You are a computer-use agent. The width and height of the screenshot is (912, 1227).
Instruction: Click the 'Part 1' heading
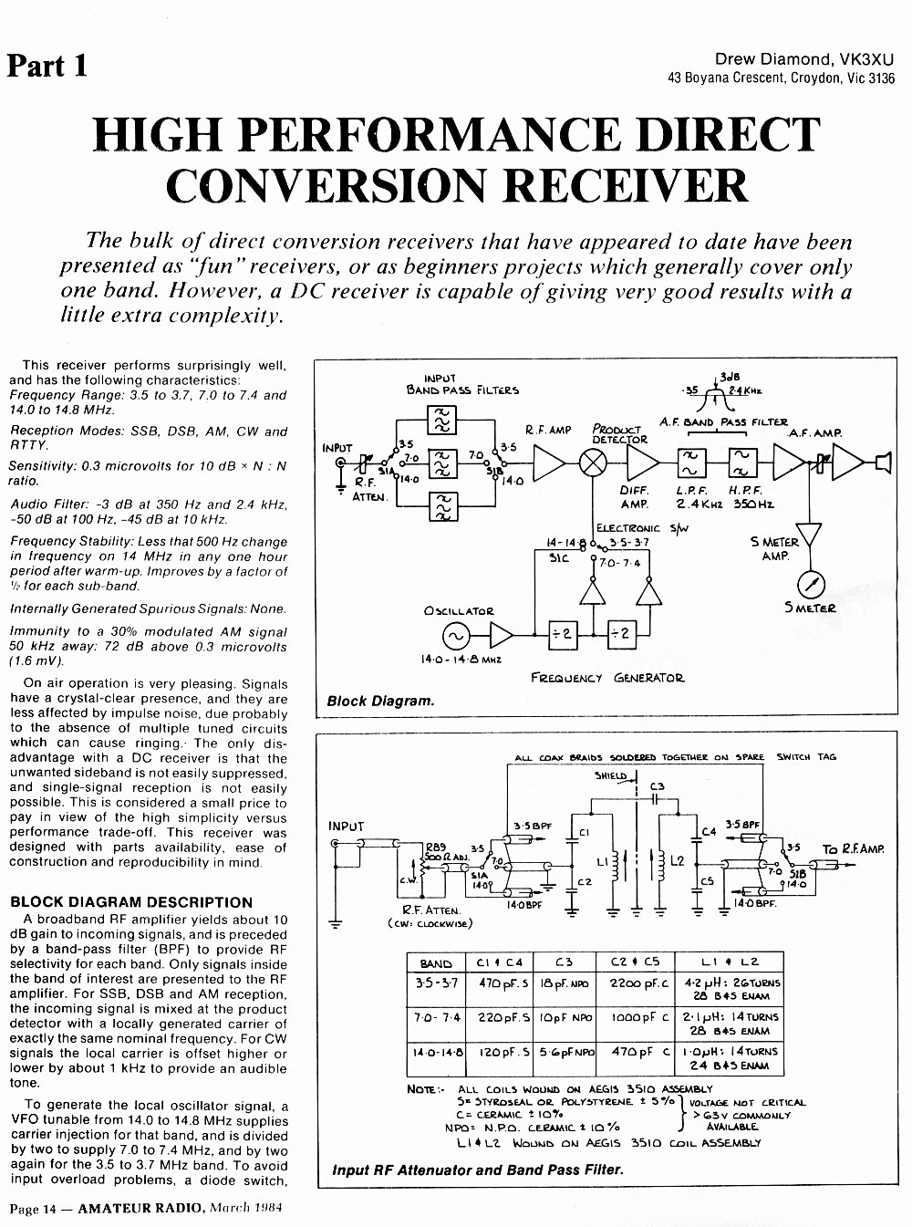click(47, 66)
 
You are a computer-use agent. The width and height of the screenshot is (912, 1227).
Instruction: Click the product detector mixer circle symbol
click(592, 463)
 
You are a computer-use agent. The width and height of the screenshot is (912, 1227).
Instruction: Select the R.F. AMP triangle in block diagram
click(549, 463)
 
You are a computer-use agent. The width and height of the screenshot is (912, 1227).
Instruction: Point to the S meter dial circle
click(812, 585)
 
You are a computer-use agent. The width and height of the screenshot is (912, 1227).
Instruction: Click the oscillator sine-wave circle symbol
click(456, 635)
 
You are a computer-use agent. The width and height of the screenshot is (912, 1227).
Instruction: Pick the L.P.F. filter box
click(691, 463)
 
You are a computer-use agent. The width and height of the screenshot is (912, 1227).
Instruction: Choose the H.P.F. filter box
click(742, 463)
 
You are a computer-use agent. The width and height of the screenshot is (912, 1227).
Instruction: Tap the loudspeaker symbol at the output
click(883, 463)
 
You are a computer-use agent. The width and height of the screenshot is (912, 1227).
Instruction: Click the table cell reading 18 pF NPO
click(565, 983)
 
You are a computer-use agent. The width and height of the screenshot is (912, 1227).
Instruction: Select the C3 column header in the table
click(564, 962)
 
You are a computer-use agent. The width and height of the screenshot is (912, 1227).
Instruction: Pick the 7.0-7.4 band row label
click(436, 1017)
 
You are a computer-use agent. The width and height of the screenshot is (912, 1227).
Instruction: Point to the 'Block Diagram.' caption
click(380, 701)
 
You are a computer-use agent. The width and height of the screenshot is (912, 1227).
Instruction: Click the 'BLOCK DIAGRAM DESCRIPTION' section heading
click(131, 902)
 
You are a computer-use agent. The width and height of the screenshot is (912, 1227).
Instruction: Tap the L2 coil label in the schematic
click(677, 861)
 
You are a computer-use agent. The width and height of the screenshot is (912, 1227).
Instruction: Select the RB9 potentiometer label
click(435, 846)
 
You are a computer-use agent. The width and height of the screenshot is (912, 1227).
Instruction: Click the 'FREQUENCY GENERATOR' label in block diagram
click(607, 678)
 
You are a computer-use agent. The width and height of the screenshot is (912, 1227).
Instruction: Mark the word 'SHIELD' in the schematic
click(610, 775)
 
